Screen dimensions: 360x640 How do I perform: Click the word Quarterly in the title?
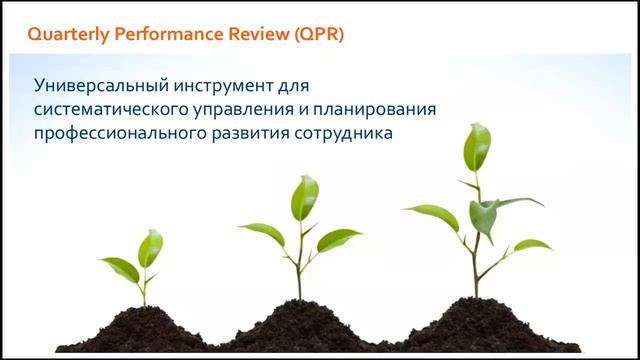tap(68, 33)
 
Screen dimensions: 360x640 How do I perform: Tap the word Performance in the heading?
tap(167, 33)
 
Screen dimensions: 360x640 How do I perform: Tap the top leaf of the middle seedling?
tap(304, 197)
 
